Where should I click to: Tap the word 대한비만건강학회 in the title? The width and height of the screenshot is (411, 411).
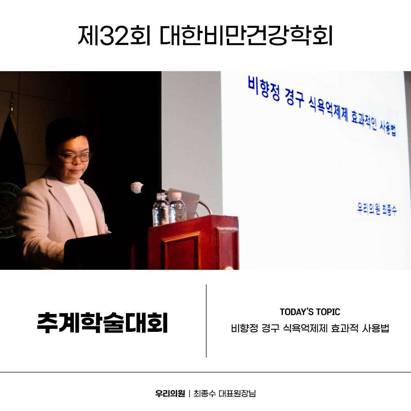point(246,36)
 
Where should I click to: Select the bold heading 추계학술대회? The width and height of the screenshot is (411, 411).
point(102,323)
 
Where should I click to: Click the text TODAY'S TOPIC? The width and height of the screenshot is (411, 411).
point(310,312)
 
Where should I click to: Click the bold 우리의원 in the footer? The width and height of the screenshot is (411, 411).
point(170,393)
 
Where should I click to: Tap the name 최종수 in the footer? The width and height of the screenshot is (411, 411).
point(205,393)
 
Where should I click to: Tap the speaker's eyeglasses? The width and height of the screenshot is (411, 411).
point(74,157)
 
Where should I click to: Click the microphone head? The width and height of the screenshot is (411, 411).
point(137,188)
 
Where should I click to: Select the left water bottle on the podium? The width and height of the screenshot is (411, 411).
point(161,210)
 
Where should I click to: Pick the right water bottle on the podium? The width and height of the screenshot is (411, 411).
point(177,209)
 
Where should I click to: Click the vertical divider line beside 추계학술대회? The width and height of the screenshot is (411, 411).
point(206,321)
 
